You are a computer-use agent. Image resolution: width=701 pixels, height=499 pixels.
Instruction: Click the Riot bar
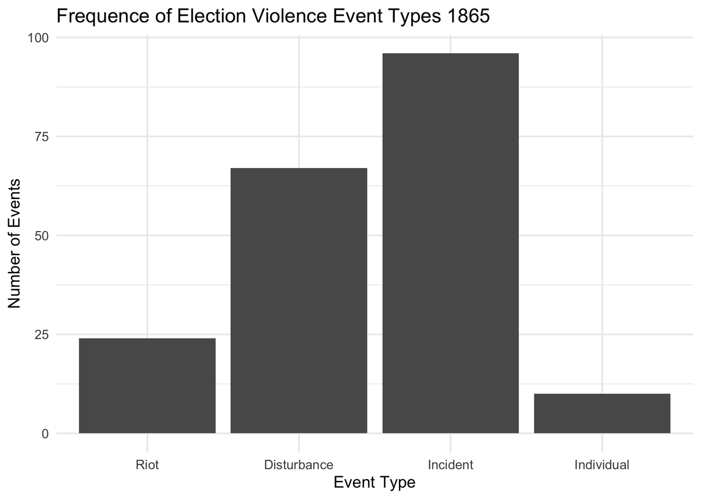(147, 386)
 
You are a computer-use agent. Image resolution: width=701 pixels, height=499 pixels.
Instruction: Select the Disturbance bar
(299, 301)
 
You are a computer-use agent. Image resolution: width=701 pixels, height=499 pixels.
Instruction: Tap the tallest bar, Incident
(450, 243)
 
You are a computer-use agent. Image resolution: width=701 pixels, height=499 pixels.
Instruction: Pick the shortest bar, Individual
(602, 413)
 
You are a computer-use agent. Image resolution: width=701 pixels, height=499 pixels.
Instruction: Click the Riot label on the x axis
(147, 465)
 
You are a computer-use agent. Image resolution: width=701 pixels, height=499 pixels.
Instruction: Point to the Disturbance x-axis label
(299, 465)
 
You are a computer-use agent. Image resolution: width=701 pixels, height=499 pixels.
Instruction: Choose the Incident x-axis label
(450, 465)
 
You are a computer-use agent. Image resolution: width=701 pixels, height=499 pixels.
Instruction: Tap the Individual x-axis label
(602, 465)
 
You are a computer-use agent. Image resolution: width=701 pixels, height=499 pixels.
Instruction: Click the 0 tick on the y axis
(45, 434)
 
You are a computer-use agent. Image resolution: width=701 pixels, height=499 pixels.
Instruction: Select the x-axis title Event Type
(374, 483)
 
